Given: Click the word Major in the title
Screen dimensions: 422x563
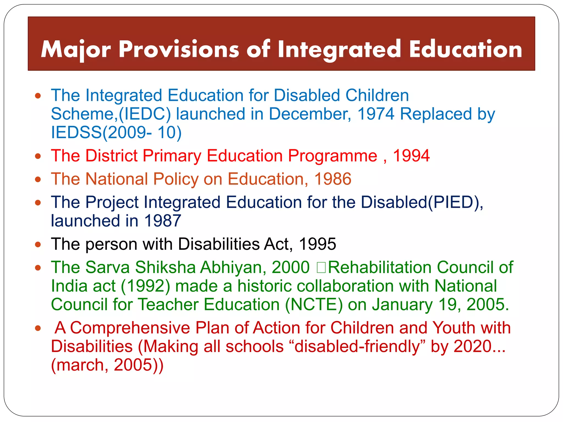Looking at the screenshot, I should pos(76,50).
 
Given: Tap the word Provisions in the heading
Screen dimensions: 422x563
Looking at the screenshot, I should pos(179,50).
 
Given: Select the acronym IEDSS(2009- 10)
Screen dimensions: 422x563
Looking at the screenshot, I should pos(116,132).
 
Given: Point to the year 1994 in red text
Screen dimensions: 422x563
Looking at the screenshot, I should pos(411,156).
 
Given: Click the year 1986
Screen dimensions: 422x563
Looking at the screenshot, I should pos(333,179).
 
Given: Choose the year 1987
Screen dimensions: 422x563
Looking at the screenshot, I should pos(162,221).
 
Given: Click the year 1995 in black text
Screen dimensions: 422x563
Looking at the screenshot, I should pos(317,244).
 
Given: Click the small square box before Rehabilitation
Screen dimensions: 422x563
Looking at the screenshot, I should pos(321,268).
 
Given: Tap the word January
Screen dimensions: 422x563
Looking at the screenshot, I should pos(402,305).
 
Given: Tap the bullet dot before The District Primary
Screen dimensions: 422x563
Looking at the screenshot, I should pos(38,156).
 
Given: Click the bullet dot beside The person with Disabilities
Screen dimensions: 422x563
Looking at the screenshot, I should pos(38,245).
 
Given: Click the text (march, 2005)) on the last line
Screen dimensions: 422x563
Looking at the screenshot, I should pos(107,365).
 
